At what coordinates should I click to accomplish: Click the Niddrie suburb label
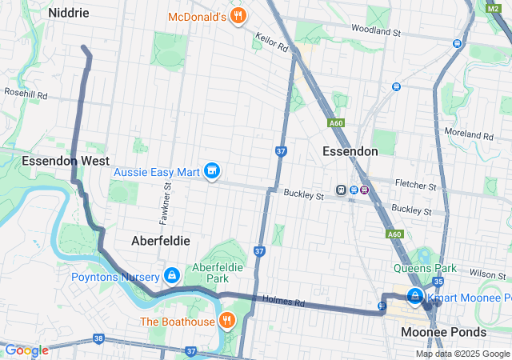click(69, 13)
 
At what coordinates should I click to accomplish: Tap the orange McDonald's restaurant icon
click(237, 17)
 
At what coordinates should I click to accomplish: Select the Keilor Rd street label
click(272, 42)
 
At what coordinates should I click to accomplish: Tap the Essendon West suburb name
click(66, 161)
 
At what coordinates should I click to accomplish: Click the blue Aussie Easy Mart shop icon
click(212, 171)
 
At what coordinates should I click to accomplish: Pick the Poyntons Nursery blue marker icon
click(171, 276)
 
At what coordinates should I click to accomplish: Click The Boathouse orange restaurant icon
click(227, 322)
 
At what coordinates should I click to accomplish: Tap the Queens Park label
click(424, 269)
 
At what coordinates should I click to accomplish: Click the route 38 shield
click(98, 339)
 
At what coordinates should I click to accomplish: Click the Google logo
click(26, 350)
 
